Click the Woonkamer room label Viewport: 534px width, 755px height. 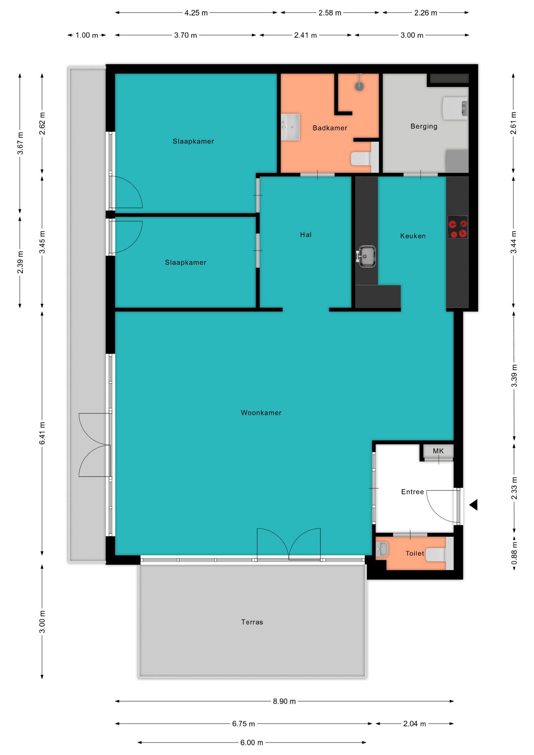261,412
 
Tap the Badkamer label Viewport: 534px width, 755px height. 330,128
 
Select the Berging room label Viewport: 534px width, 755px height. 424,126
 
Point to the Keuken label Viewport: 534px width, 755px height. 413,236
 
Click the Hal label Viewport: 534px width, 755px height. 306,234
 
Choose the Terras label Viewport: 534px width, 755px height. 252,622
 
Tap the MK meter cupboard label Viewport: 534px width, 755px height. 438,451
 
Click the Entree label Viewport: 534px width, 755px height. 412,492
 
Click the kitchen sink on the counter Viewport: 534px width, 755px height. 366,256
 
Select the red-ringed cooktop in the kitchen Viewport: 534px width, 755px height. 458,227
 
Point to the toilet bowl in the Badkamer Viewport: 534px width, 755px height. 361,158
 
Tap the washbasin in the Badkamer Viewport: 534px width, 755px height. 290,127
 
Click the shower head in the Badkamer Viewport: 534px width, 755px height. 359,86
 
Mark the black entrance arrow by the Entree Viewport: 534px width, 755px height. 473,505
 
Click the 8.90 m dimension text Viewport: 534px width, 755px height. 284,701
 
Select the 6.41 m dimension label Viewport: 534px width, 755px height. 42,433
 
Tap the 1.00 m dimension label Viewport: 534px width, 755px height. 87,35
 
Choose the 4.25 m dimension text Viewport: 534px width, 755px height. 196,13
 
